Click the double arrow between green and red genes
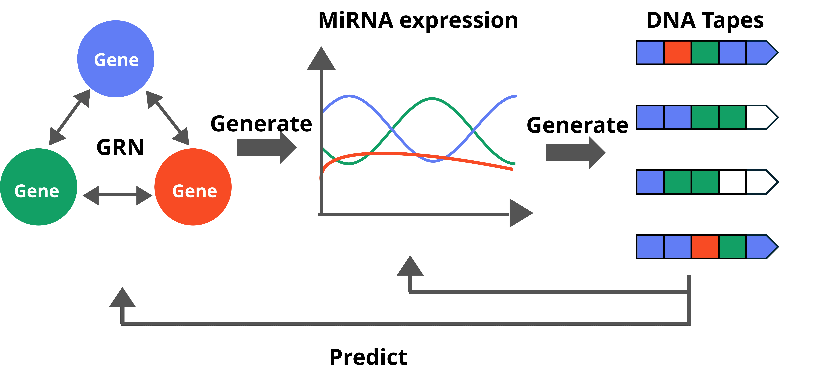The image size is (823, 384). [x=117, y=195]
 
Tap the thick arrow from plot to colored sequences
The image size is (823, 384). [x=575, y=153]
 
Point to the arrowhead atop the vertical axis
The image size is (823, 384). [x=321, y=59]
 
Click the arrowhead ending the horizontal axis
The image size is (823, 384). [x=520, y=213]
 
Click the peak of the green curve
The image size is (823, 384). [x=432, y=99]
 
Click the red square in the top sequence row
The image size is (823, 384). [x=677, y=52]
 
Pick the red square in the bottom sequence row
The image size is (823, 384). [x=705, y=247]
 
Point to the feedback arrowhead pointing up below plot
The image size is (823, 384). [x=410, y=267]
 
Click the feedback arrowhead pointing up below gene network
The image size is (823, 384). [x=122, y=298]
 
